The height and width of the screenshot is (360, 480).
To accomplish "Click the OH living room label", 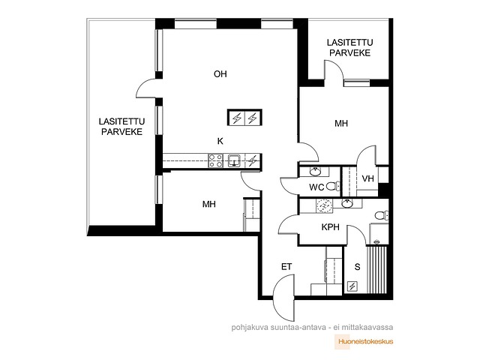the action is [220, 74].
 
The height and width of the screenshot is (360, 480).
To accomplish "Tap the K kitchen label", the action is [220, 141].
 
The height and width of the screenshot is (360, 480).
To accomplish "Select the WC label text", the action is [316, 187].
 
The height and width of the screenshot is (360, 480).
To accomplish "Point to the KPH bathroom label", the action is [330, 227].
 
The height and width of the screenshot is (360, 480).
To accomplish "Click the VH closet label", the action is [367, 178].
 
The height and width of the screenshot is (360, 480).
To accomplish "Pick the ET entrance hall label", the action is [286, 267].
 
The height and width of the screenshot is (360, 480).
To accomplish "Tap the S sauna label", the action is [357, 267].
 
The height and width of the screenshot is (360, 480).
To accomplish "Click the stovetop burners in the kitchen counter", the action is [215, 160].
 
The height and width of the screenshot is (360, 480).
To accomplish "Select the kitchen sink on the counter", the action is [234, 160].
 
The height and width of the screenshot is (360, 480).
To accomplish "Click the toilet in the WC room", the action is [333, 186].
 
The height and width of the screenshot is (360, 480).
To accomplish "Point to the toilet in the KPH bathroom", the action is [382, 215].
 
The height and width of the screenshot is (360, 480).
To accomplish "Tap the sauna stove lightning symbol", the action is [352, 286].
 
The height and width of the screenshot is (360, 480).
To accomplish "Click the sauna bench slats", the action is [376, 269].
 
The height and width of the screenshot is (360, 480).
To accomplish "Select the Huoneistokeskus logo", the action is [364, 342].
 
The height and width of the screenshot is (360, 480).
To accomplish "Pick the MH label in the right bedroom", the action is [341, 124].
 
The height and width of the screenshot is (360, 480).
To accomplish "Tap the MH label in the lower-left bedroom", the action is [208, 204].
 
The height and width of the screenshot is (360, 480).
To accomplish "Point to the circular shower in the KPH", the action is [324, 205].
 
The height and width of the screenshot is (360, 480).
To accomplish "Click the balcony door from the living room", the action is [146, 88].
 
